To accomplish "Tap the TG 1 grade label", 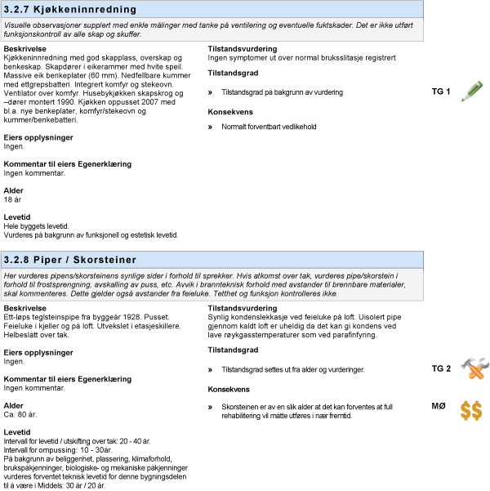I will click(x=441, y=92).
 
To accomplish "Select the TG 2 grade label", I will click(x=441, y=369).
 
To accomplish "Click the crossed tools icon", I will click(x=471, y=369).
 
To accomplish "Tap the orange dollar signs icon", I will click(x=470, y=410).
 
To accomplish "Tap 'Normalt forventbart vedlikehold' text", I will click(x=269, y=127).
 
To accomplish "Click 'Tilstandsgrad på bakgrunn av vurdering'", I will click(x=282, y=92).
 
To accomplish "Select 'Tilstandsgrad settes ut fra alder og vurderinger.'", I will click(x=292, y=370).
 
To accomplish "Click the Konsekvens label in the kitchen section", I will click(x=230, y=111).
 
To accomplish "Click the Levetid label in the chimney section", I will click(x=17, y=431).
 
